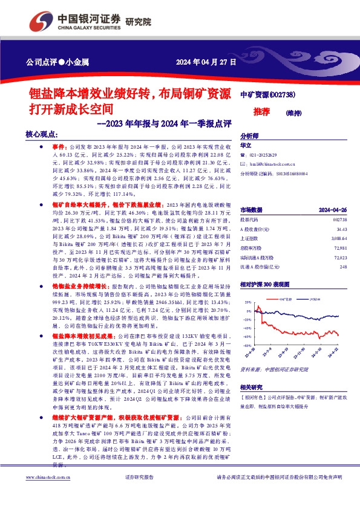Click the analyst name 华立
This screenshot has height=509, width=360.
tap(246, 146)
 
